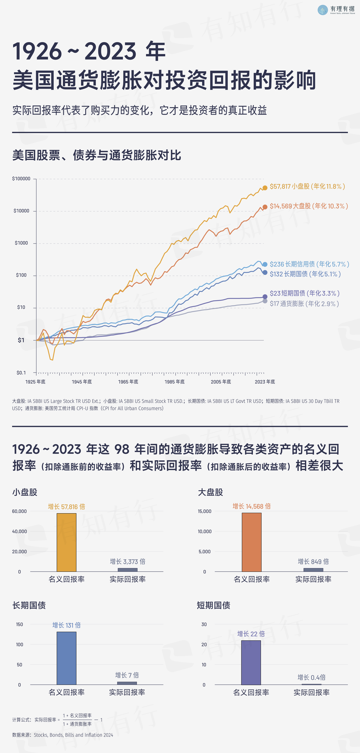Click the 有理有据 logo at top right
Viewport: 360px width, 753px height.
pos(336,10)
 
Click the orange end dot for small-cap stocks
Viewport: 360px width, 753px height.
pos(265,188)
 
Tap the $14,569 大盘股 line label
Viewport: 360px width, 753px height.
pos(309,206)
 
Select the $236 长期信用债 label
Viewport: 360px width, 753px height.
pos(309,264)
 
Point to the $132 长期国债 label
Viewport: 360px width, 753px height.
pos(305,274)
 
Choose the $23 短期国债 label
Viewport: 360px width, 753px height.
pos(304,293)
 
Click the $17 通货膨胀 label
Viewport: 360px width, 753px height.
pos(304,304)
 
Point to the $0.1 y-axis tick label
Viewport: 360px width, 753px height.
pos(21,373)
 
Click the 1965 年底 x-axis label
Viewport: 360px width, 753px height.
pos(128,382)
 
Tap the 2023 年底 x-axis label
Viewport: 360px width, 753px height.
pos(265,382)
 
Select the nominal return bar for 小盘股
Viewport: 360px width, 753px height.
pos(66,542)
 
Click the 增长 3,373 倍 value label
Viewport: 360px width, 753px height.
pos(127,562)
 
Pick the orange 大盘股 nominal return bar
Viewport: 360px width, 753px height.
pos(251,542)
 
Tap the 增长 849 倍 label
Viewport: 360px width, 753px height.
pos(313,562)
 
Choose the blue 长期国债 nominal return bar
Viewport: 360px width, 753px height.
pos(66,658)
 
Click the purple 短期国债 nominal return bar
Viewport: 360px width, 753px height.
pos(251,662)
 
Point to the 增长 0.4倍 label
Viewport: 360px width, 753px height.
pos(311,677)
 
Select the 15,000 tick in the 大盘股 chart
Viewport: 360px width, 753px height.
pos(204,511)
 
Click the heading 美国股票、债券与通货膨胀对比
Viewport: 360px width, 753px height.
pos(96,155)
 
